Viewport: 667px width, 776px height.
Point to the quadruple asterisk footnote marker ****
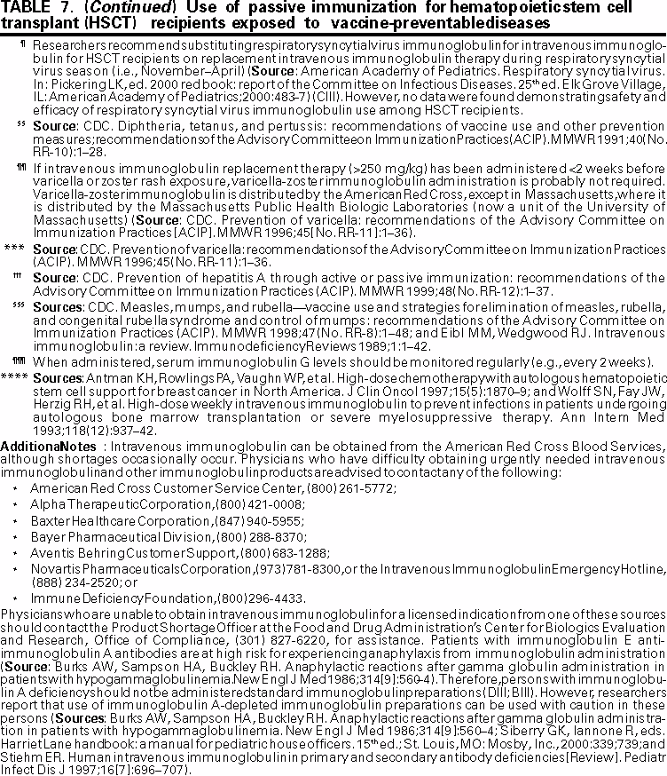coord(13,376)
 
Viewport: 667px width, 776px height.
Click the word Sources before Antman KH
coord(55,376)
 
